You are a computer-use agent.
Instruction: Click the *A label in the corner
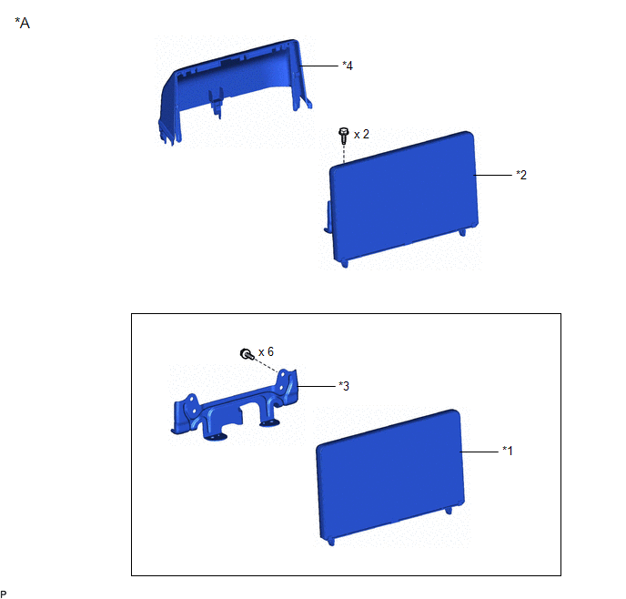[x=23, y=23]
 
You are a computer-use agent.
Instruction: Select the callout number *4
[x=348, y=66]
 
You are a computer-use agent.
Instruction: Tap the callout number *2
[x=521, y=175]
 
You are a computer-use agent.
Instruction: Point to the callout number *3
[x=344, y=386]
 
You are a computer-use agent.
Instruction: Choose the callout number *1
[x=508, y=451]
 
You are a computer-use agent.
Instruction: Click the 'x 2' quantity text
[x=361, y=134]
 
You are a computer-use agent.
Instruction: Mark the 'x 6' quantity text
[x=266, y=351]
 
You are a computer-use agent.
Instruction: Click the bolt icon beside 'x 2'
[x=343, y=136]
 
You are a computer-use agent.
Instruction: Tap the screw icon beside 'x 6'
[x=247, y=354]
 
